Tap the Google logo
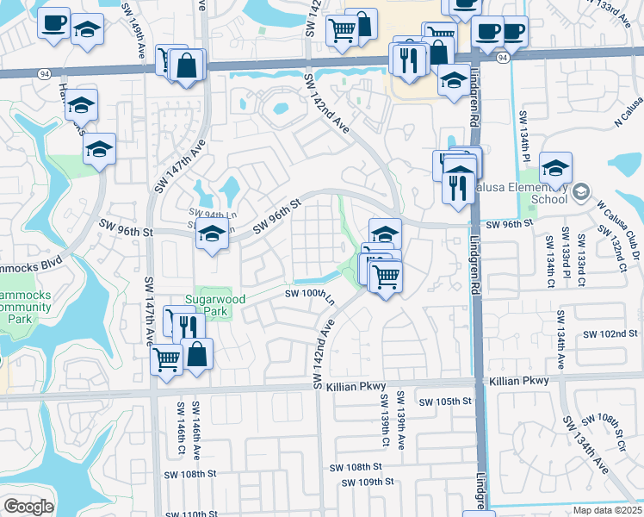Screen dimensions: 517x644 click(28, 507)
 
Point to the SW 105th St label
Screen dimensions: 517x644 click(446, 402)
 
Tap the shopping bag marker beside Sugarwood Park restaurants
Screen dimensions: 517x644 click(197, 354)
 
